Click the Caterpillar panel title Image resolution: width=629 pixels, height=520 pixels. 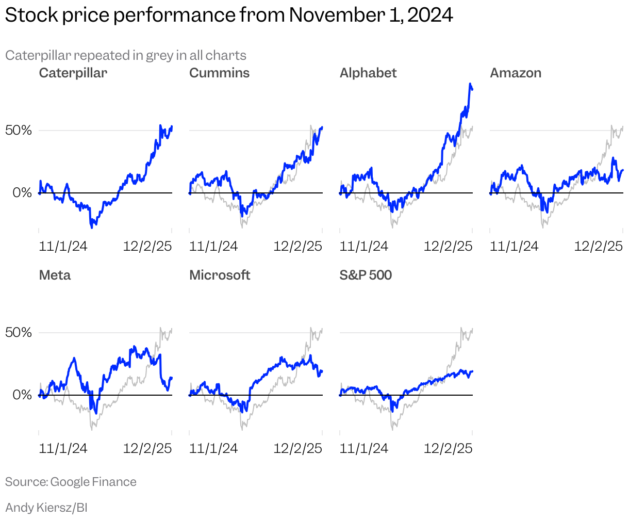click(73, 73)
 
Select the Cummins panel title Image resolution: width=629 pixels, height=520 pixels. click(219, 73)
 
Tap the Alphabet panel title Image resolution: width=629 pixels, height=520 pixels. click(368, 73)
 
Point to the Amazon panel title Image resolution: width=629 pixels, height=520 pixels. click(516, 73)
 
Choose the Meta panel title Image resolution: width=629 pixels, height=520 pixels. click(55, 275)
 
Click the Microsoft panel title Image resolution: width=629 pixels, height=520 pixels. click(220, 275)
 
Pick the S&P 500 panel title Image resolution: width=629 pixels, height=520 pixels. click(366, 275)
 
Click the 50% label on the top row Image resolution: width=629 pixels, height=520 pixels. click(19, 130)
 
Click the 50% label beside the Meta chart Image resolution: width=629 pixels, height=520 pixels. click(19, 332)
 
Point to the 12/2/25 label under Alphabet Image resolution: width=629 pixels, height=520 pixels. click(448, 246)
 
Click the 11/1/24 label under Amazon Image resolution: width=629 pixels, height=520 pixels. click(514, 246)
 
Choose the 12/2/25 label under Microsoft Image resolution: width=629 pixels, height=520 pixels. click(297, 448)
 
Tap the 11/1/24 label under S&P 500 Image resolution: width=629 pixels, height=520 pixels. click(364, 448)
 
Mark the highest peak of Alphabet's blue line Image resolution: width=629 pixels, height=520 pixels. click(470, 84)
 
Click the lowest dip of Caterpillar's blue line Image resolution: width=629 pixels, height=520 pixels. click(92, 226)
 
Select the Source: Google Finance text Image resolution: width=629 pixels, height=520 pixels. click(71, 482)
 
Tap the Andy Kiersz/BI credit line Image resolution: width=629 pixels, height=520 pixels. click(46, 508)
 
